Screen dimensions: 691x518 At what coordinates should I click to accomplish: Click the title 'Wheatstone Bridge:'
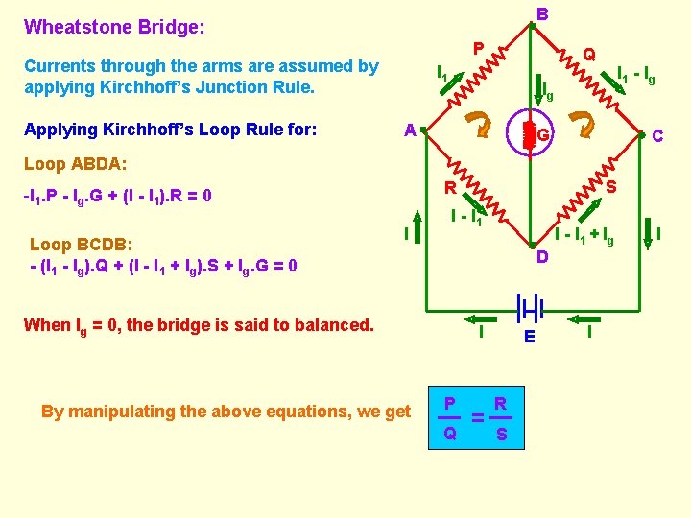click(x=114, y=28)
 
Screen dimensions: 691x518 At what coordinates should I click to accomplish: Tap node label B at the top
click(x=542, y=13)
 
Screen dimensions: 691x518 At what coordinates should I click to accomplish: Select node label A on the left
click(x=410, y=130)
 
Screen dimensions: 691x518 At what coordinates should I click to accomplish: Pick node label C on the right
click(x=657, y=136)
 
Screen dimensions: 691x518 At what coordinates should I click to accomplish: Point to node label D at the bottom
click(x=542, y=257)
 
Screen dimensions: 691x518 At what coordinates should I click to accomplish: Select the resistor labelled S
click(x=586, y=190)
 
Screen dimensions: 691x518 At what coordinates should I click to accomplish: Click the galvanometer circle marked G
click(x=530, y=135)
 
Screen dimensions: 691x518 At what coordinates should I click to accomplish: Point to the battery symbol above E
click(x=530, y=308)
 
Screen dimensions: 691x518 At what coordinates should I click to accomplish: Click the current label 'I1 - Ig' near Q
click(x=635, y=75)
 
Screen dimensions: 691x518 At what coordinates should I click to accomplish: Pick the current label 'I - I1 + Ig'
click(x=584, y=235)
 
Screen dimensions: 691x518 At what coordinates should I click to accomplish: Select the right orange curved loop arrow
click(x=581, y=123)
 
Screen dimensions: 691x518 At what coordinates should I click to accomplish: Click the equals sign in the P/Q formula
click(x=476, y=418)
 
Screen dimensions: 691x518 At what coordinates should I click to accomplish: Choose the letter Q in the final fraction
click(x=449, y=434)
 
